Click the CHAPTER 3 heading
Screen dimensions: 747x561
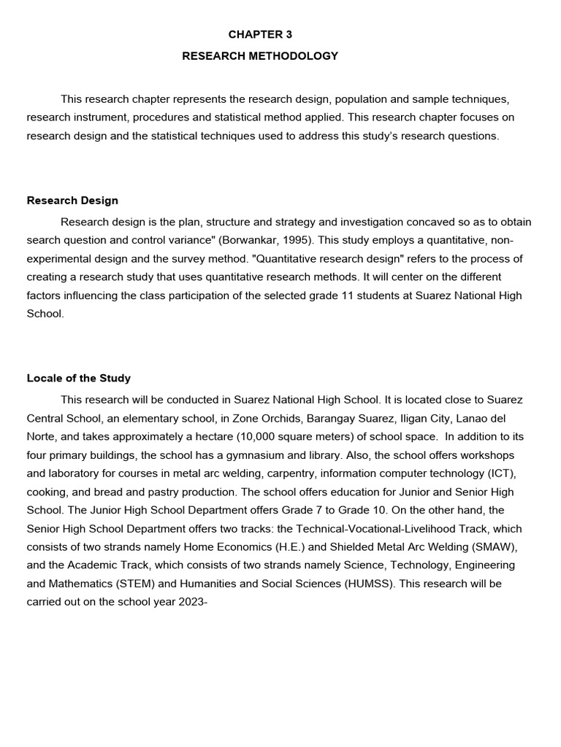[260, 34]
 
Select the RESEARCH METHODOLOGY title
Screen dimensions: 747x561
[260, 55]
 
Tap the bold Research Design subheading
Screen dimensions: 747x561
[72, 201]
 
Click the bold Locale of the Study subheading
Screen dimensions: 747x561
[79, 378]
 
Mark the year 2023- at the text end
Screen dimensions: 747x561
[193, 603]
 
